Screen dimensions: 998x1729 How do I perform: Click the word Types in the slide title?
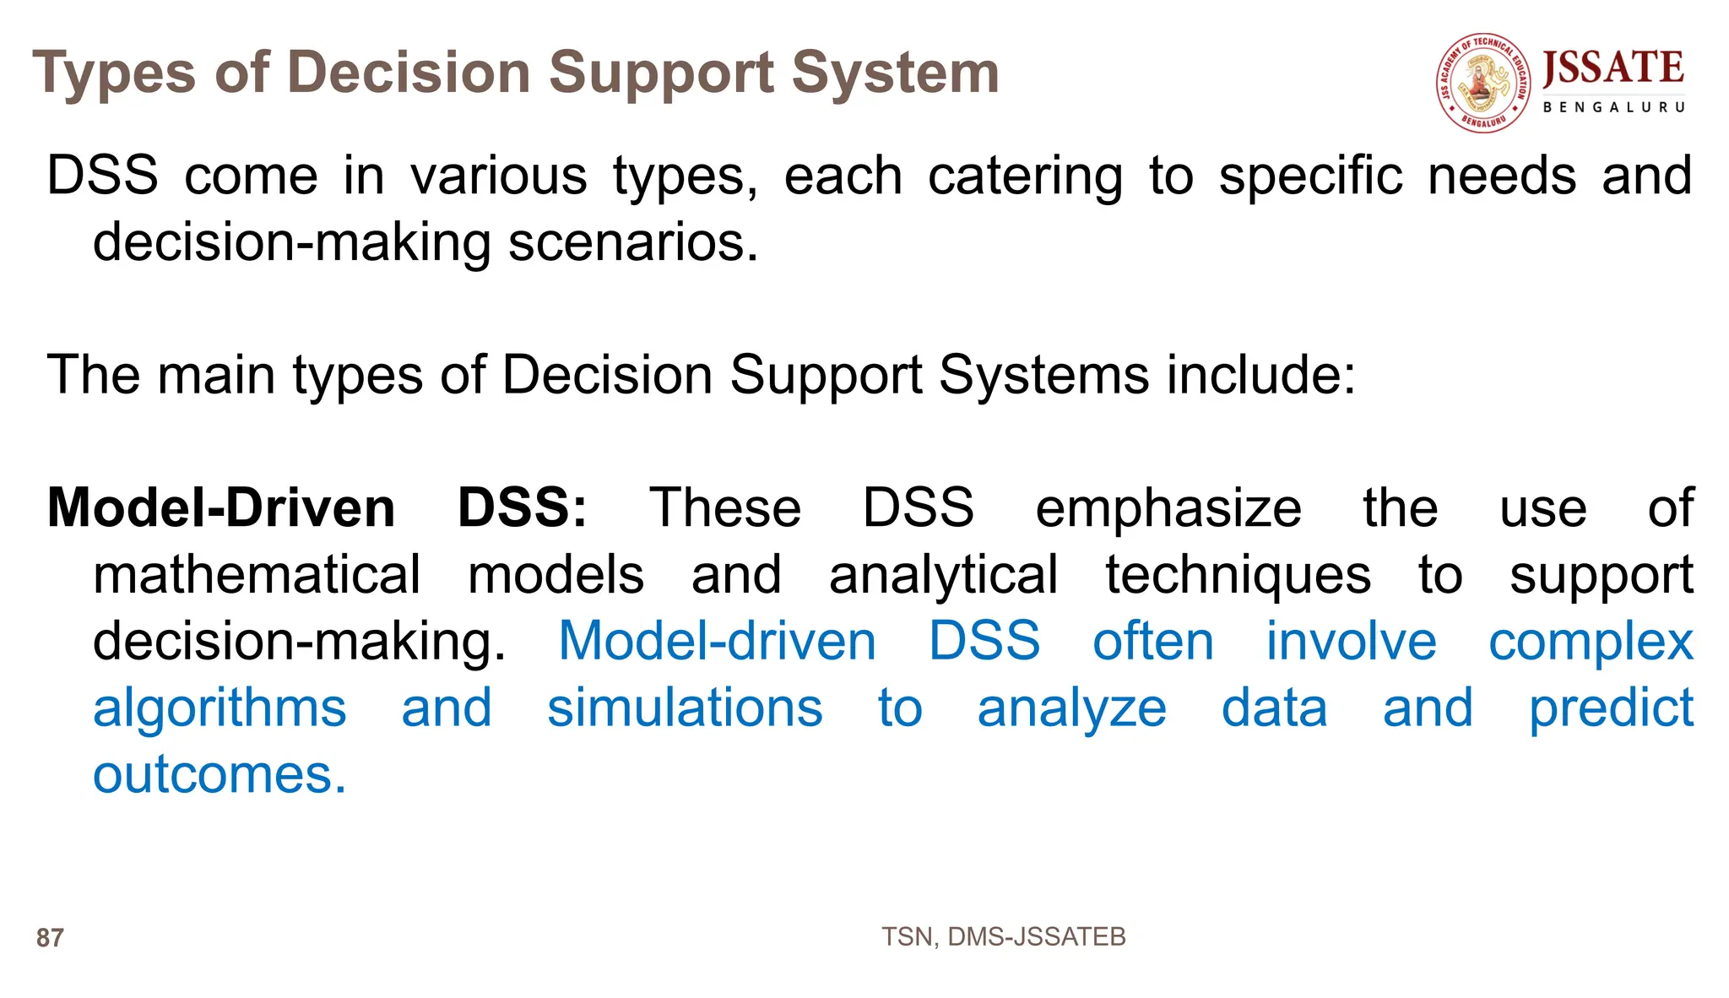pyautogui.click(x=114, y=73)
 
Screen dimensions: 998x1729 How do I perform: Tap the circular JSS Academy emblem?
pyautogui.click(x=1483, y=83)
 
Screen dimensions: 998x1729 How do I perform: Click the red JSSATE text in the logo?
pyautogui.click(x=1612, y=68)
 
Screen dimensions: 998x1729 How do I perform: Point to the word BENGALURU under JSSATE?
pyautogui.click(x=1613, y=107)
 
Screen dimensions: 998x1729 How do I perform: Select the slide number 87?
pyautogui.click(x=50, y=938)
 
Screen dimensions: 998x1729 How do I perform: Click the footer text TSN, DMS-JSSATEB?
pyautogui.click(x=1003, y=936)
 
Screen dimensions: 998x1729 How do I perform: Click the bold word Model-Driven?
pyautogui.click(x=221, y=508)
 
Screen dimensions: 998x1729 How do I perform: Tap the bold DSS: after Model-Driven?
pyautogui.click(x=522, y=508)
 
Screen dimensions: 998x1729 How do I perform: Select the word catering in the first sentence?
pyautogui.click(x=1025, y=176)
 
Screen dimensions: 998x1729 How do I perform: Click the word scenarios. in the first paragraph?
pyautogui.click(x=633, y=243)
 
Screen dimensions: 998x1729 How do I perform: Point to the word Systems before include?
pyautogui.click(x=1043, y=375)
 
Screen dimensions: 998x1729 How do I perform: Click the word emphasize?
pyautogui.click(x=1168, y=508)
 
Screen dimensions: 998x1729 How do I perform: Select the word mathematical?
pyautogui.click(x=257, y=575)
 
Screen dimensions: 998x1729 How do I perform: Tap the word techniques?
pyautogui.click(x=1238, y=575)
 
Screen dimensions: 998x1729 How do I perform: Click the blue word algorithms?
pyautogui.click(x=220, y=708)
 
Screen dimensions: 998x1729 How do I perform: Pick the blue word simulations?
pyautogui.click(x=685, y=708)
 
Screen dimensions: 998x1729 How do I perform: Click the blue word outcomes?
pyautogui.click(x=220, y=774)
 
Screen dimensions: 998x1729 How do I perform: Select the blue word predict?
pyautogui.click(x=1611, y=708)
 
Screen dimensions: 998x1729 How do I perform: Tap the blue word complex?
pyautogui.click(x=1591, y=642)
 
